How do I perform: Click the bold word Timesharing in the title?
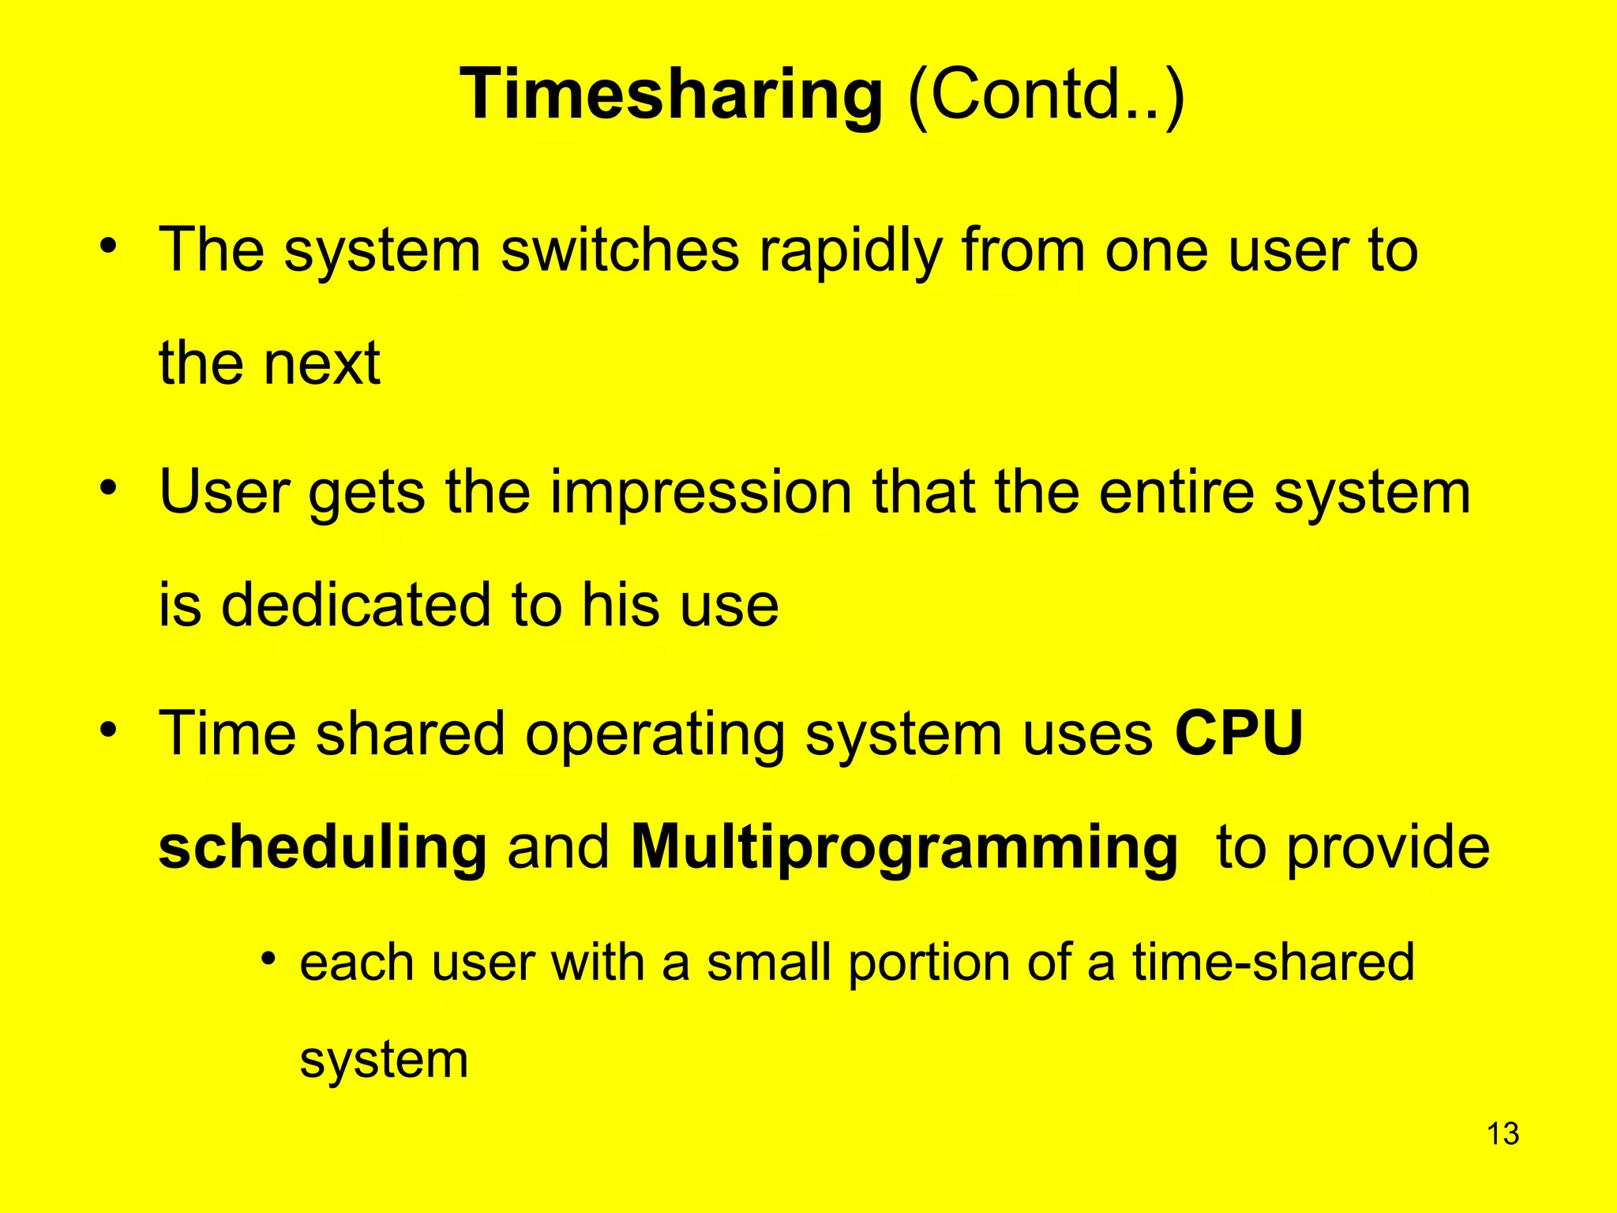tap(670, 95)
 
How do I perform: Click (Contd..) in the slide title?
tap(1045, 95)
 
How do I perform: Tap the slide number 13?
tap(1503, 1133)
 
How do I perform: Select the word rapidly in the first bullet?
tap(850, 251)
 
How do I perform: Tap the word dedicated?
tap(355, 605)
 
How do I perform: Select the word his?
tap(621, 605)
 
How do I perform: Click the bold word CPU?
tap(1238, 734)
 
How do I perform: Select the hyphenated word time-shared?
tap(1273, 963)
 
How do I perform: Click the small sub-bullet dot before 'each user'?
tap(269, 960)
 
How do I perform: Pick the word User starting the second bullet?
tap(224, 492)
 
